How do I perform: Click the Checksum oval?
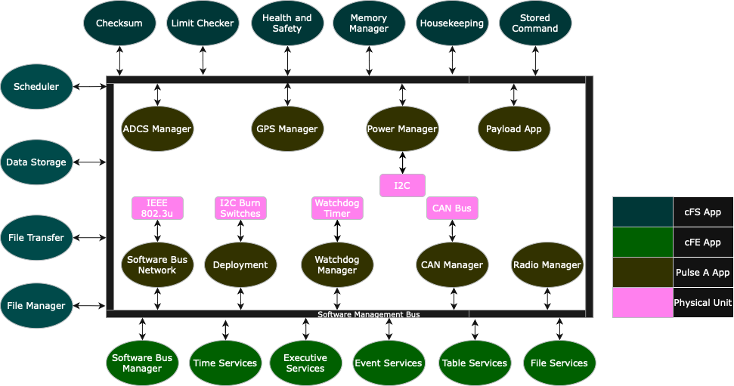click(119, 23)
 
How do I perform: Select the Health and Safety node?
click(287, 23)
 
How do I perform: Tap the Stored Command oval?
click(535, 23)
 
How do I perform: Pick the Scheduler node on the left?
click(36, 86)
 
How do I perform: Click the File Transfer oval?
click(36, 238)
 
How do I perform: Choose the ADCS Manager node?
click(157, 128)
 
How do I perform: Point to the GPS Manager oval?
click(287, 128)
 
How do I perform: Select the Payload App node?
click(514, 128)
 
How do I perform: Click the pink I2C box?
click(402, 185)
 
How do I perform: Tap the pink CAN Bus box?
click(452, 208)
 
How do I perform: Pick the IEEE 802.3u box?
click(157, 208)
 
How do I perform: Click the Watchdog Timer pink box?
click(337, 208)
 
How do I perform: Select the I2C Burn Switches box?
click(240, 208)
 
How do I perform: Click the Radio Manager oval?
click(547, 264)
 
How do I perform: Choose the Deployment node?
click(240, 264)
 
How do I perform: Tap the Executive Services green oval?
click(305, 363)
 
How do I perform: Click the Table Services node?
click(475, 363)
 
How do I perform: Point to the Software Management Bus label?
click(368, 314)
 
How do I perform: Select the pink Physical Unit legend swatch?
click(643, 302)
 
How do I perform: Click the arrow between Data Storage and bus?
click(90, 162)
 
